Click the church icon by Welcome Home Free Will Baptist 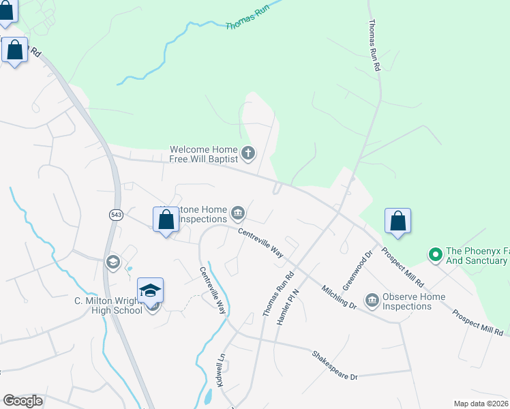pyautogui.click(x=249, y=154)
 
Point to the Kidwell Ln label pyautogui.click(x=220, y=369)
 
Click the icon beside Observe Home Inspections pyautogui.click(x=372, y=301)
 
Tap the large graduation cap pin pyautogui.click(x=150, y=292)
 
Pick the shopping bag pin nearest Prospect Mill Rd pyautogui.click(x=398, y=222)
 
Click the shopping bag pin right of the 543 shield pyautogui.click(x=165, y=220)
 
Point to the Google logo pyautogui.click(x=23, y=401)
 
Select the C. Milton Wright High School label pyautogui.click(x=108, y=305)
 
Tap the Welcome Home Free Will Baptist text pyautogui.click(x=203, y=154)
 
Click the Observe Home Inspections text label pyautogui.click(x=414, y=301)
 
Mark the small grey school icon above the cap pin pyautogui.click(x=112, y=261)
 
